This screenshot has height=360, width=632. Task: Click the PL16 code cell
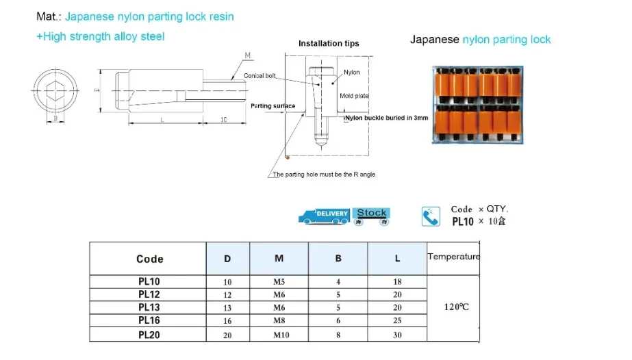[149, 320]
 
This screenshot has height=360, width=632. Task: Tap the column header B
[338, 258]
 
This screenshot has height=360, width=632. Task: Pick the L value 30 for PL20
[397, 335]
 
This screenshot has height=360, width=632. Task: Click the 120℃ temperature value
[456, 307]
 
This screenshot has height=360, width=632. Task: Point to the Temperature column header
[453, 257]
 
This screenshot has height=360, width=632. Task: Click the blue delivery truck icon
[324, 216]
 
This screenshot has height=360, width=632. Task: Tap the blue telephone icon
[431, 216]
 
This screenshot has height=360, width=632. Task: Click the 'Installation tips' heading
[329, 43]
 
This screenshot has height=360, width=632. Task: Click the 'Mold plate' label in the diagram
[354, 96]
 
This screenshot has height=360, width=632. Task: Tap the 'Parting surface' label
[273, 106]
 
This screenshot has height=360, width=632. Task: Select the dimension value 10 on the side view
[224, 120]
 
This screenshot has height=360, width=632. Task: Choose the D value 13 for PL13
[227, 308]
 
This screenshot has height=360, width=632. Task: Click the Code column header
[149, 259]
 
